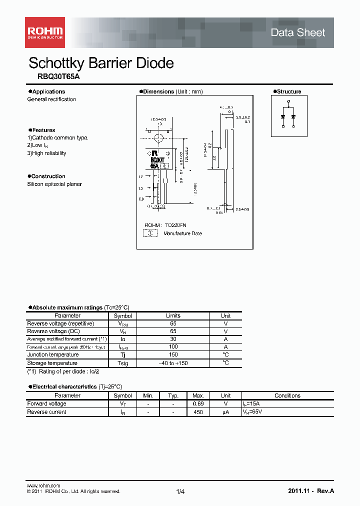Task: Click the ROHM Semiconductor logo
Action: (x=45, y=32)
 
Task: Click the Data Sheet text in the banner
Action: (x=297, y=32)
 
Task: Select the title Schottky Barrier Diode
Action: (x=101, y=63)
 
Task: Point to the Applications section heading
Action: (x=48, y=91)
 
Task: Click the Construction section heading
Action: (x=48, y=176)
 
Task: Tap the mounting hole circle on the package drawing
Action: (x=158, y=138)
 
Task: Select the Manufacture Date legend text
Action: (x=182, y=233)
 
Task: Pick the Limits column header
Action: (x=173, y=316)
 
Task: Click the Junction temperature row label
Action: (x=51, y=355)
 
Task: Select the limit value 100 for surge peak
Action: (x=173, y=347)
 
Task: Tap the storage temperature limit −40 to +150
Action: (x=173, y=363)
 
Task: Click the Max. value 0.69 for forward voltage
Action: (x=198, y=404)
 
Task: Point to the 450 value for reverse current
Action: (x=198, y=412)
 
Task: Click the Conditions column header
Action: (x=287, y=395)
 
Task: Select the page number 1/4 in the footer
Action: (x=180, y=492)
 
